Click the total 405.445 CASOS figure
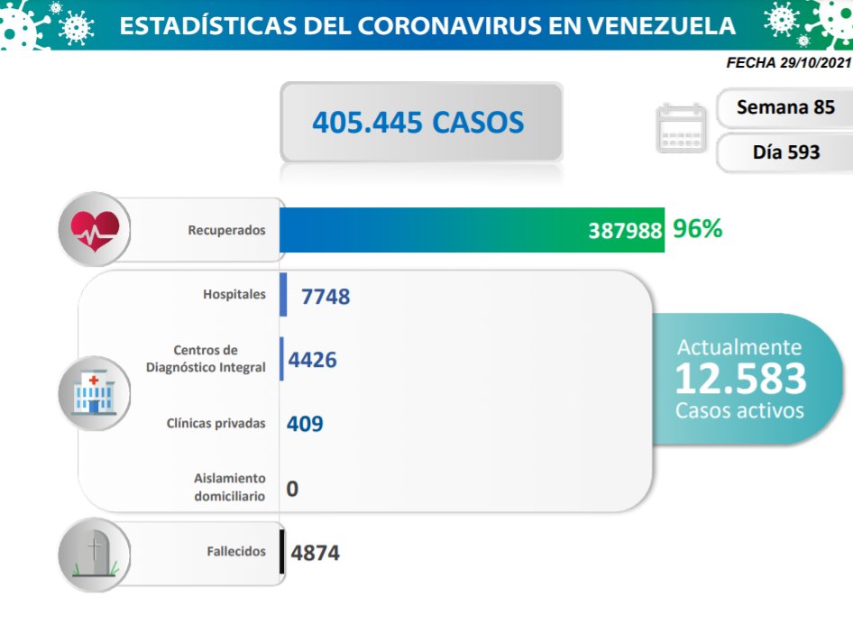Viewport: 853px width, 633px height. click(418, 122)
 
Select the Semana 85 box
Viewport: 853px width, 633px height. click(784, 106)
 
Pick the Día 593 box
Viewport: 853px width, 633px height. click(785, 151)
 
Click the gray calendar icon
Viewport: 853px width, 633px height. click(683, 129)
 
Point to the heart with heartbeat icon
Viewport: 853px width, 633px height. click(95, 230)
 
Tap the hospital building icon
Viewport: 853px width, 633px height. click(95, 391)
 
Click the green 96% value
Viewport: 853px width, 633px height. click(697, 229)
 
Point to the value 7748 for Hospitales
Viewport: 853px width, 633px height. click(326, 296)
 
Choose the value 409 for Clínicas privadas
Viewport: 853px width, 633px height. click(305, 423)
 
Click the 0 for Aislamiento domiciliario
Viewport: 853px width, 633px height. click(292, 489)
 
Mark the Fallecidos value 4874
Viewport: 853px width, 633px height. click(315, 552)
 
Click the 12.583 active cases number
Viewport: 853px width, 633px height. click(739, 379)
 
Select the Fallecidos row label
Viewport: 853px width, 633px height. click(235, 551)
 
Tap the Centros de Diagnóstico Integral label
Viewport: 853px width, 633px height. click(206, 359)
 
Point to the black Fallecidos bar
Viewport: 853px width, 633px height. click(282, 551)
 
